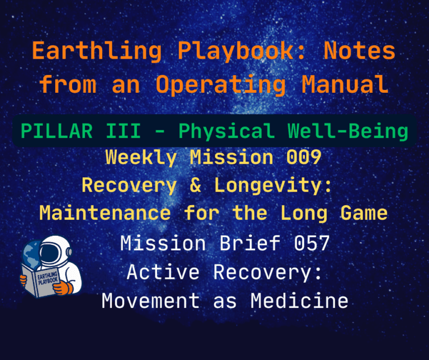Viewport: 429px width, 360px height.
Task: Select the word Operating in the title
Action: pos(221,84)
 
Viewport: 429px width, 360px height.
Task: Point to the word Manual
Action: pos(345,84)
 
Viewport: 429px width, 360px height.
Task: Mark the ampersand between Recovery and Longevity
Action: pos(195,185)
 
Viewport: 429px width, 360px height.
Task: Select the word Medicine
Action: pos(299,301)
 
